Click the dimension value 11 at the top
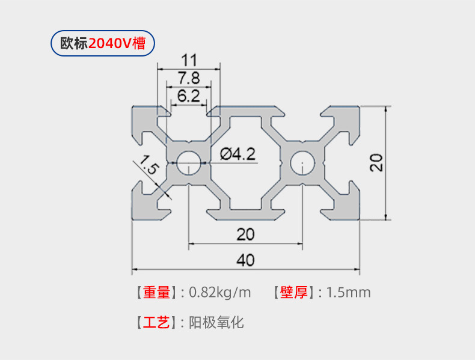(189, 60)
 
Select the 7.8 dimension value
(189, 78)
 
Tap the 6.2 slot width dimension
(189, 95)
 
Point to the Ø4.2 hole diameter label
(237, 154)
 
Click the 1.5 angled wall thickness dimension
(147, 165)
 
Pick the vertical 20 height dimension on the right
(376, 162)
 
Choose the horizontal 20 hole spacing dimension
(245, 234)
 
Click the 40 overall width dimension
(245, 260)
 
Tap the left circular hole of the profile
(189, 162)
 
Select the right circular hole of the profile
(302, 162)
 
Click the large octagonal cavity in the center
(246, 162)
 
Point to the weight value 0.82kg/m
(220, 293)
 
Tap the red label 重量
(157, 293)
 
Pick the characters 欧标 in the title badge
(73, 44)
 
